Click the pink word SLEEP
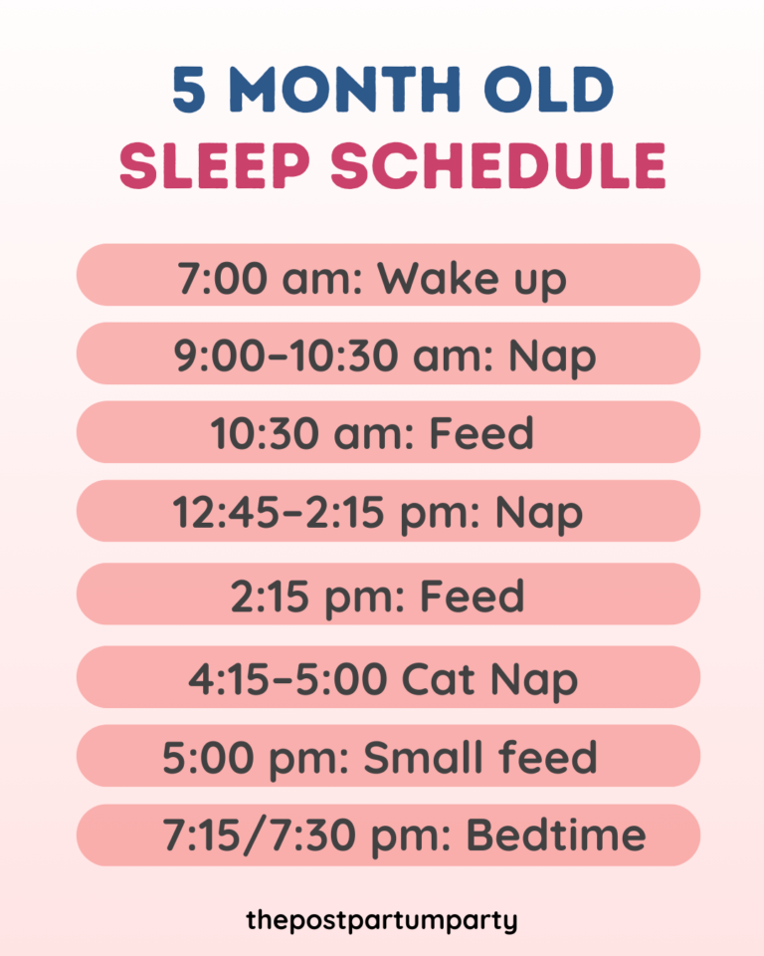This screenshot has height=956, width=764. tap(215, 165)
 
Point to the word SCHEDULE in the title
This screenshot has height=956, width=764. tap(496, 165)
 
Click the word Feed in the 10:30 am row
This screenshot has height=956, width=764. tap(481, 434)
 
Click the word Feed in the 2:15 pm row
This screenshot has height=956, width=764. tap(472, 597)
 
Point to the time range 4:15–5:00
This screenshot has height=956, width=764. tap(287, 679)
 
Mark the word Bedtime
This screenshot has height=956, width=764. tap(556, 836)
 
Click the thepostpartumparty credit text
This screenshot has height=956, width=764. tap(382, 920)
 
